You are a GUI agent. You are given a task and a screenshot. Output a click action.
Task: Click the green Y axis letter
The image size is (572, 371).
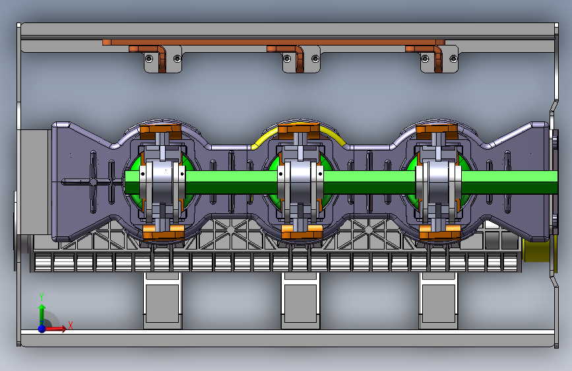pos(42,296)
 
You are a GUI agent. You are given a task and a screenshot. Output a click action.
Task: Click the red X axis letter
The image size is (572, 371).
pos(71,325)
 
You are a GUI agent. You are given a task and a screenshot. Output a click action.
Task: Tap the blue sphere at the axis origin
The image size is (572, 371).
pos(42,329)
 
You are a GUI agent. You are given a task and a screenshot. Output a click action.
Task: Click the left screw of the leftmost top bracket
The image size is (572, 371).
pos(149,59)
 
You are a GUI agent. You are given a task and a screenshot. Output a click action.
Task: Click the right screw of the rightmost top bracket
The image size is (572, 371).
pos(453,59)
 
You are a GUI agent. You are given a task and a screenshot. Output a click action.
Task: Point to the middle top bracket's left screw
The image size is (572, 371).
pos(287,59)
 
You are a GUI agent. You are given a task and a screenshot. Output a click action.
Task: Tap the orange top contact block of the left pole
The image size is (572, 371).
pos(160,131)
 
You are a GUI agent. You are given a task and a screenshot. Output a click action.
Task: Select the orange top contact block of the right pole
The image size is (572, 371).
pos(437,131)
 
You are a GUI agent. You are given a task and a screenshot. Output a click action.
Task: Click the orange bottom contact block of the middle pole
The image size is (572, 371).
pos(302,232)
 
